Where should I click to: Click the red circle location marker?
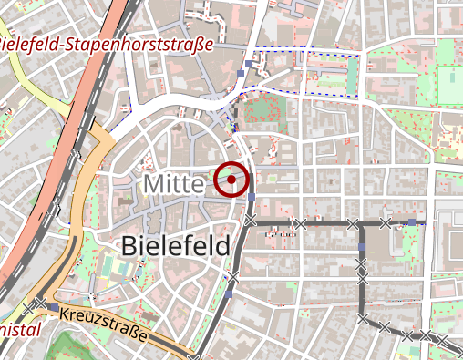pyautogui.click(x=233, y=180)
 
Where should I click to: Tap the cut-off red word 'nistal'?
pyautogui.click(x=19, y=329)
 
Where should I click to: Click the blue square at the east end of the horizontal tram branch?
pyautogui.click(x=412, y=222)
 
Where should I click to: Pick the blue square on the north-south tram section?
pyautogui.click(x=362, y=247)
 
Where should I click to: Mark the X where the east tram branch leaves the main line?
pyautogui.click(x=250, y=221)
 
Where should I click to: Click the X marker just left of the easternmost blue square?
pyautogui.click(x=386, y=222)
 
